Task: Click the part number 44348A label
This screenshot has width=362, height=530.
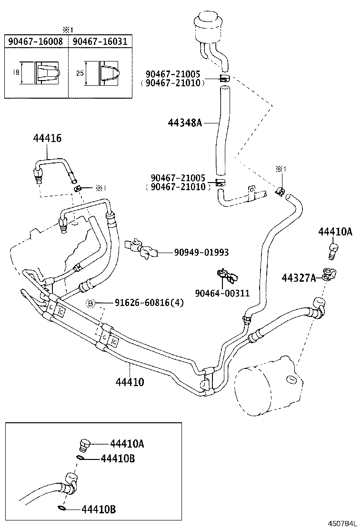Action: (x=185, y=123)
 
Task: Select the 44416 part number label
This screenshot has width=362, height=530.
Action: (x=47, y=138)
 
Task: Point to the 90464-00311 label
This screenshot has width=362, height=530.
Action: (x=222, y=293)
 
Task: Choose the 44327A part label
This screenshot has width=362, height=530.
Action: (x=299, y=278)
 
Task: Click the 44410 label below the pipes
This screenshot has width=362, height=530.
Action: (x=130, y=382)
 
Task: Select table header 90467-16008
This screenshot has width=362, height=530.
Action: (x=35, y=41)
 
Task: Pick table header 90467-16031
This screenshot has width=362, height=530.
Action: (x=100, y=41)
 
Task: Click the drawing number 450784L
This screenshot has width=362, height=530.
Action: (x=341, y=524)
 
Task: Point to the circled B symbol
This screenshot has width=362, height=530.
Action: (x=90, y=303)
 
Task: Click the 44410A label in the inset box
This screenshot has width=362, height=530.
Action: (x=127, y=444)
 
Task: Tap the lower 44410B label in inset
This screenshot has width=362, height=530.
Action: (x=99, y=510)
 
